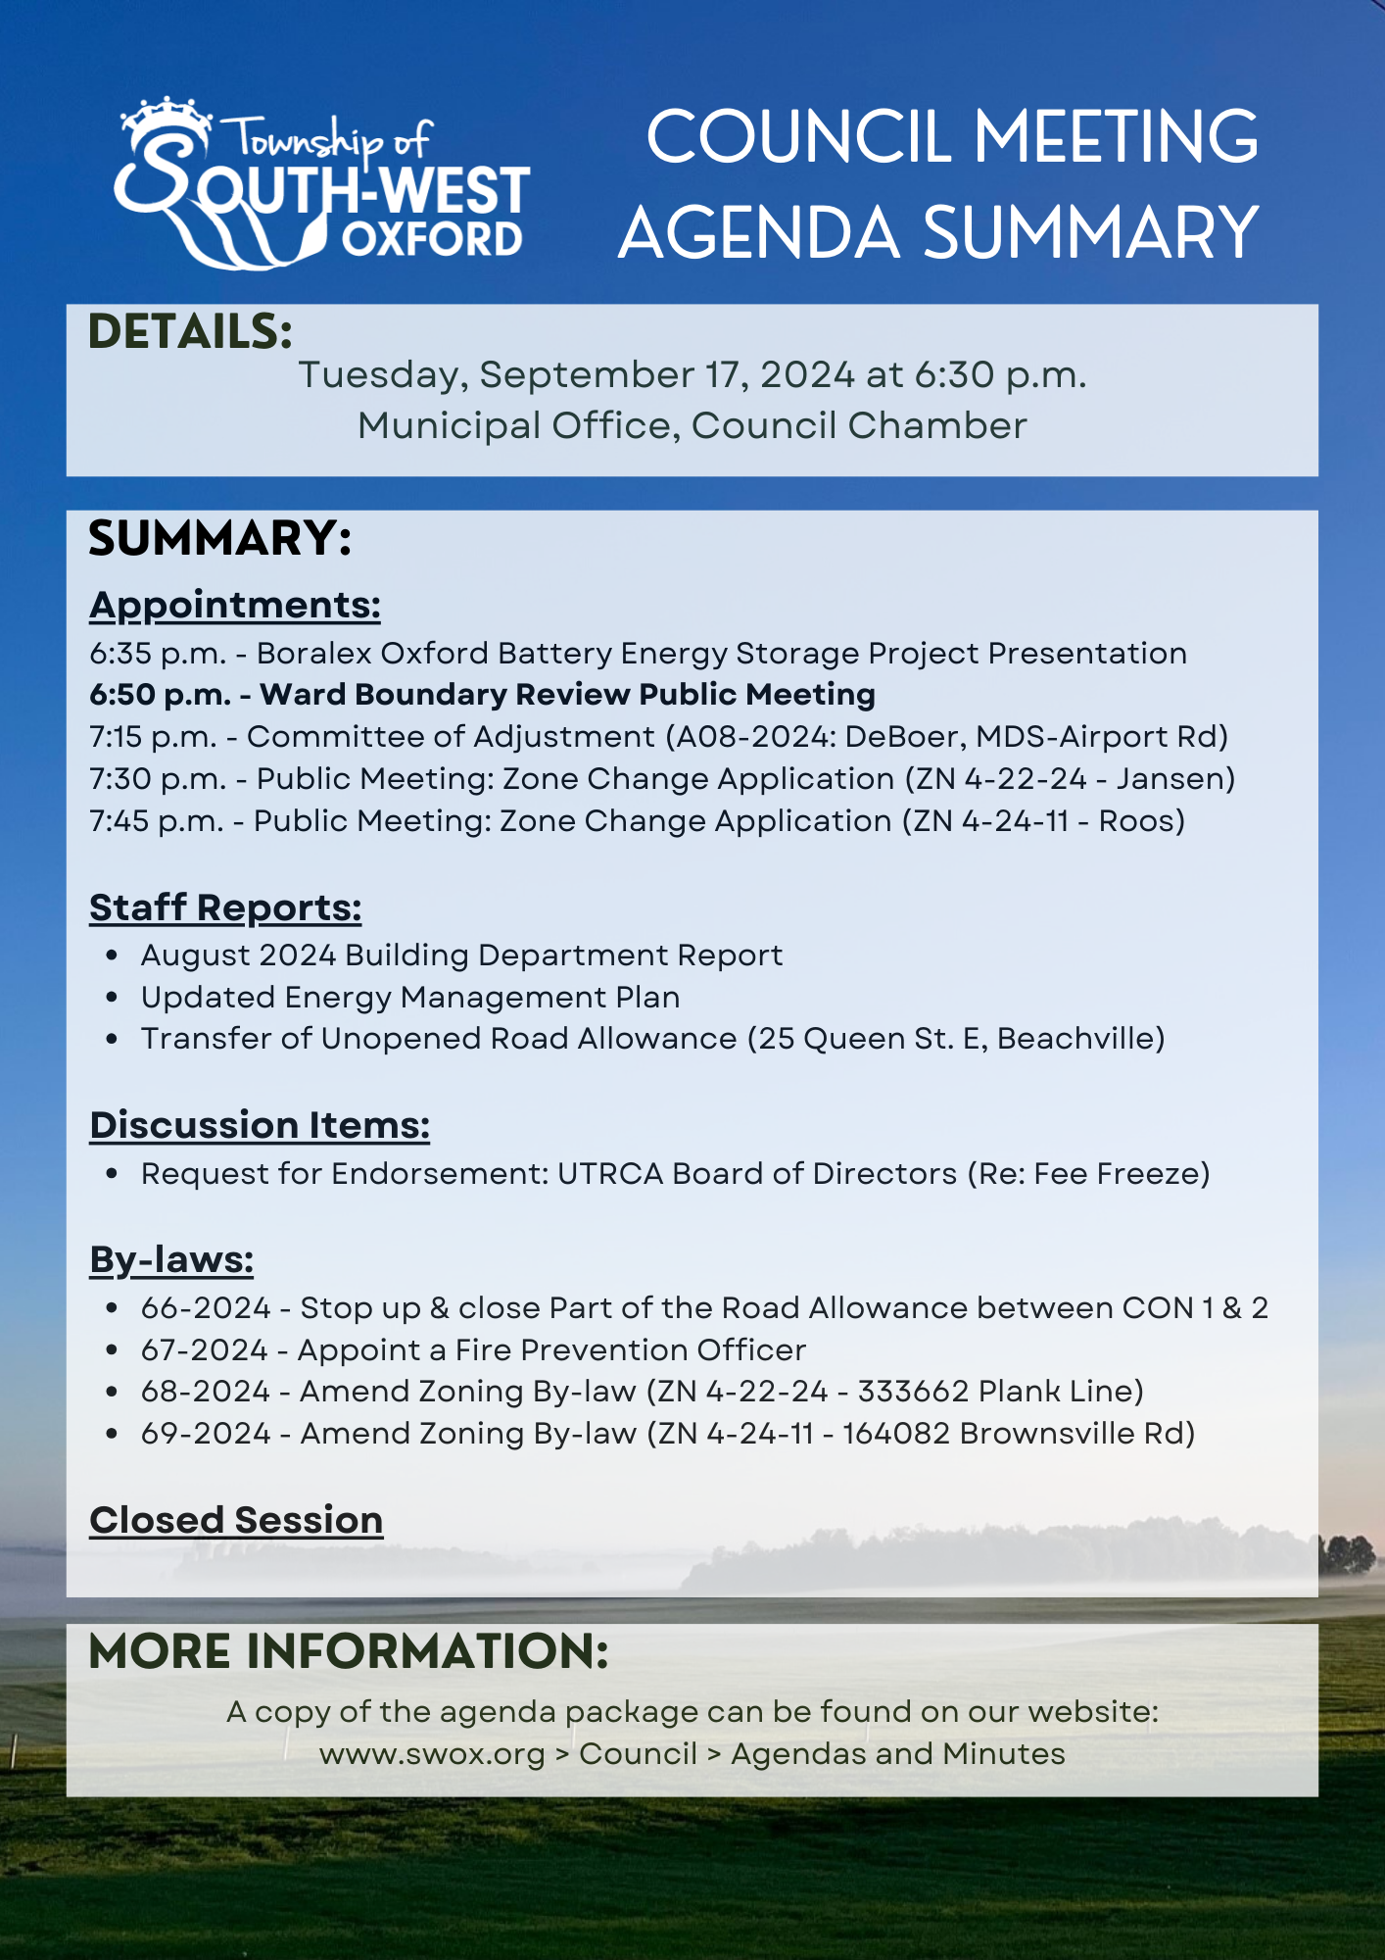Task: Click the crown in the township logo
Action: tap(165, 119)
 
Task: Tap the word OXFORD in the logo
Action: tap(432, 240)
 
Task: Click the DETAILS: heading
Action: tap(190, 331)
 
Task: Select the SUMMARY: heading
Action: tap(219, 538)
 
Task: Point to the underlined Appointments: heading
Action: tap(235, 606)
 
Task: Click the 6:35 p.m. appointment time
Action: tap(158, 654)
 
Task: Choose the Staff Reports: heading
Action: tap(225, 908)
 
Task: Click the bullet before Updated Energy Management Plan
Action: tap(113, 998)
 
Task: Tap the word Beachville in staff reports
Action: tap(1074, 1039)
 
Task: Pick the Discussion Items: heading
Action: tap(260, 1126)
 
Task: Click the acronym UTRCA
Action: tap(610, 1174)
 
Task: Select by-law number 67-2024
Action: tap(204, 1350)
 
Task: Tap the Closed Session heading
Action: tap(236, 1521)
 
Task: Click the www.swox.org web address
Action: tap(432, 1754)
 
